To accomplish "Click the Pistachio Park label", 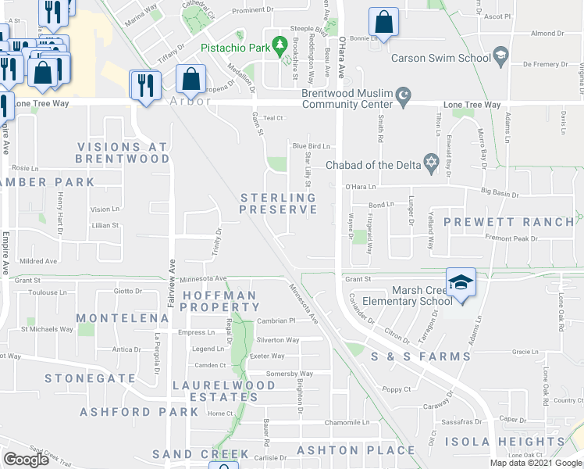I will (x=233, y=47).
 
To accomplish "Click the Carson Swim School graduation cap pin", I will (x=500, y=56).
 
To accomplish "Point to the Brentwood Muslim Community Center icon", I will (x=403, y=98).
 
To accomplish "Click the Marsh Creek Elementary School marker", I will (x=461, y=282).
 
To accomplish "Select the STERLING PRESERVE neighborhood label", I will (x=278, y=203).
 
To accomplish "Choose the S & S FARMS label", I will (x=420, y=356).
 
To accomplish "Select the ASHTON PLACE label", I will (x=355, y=449).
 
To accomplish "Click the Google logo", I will (x=26, y=460).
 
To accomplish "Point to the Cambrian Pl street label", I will (x=276, y=320).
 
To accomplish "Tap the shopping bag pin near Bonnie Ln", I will (x=383, y=25).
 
